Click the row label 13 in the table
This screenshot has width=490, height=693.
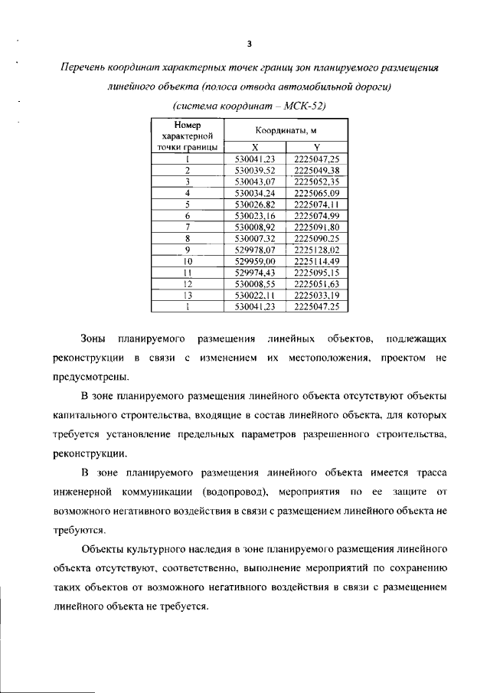click(x=188, y=295)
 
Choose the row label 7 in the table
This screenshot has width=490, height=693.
click(x=188, y=227)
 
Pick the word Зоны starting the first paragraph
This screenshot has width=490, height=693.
click(x=95, y=338)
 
